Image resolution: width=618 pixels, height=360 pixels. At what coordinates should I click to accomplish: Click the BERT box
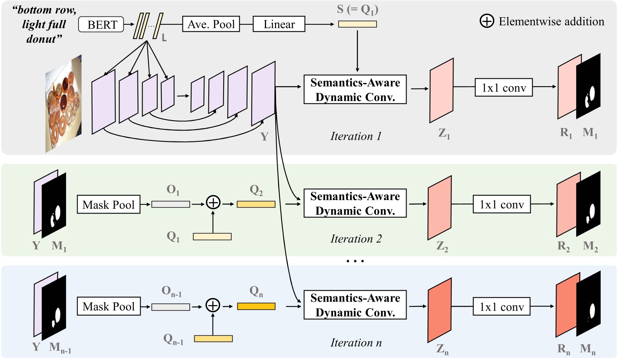(101, 24)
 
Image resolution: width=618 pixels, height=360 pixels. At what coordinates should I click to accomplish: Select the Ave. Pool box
(211, 24)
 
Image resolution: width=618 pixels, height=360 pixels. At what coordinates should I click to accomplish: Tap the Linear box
(279, 24)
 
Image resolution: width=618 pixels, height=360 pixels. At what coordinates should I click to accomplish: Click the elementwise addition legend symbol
(487, 21)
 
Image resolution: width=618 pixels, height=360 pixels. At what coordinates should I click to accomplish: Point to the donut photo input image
(64, 104)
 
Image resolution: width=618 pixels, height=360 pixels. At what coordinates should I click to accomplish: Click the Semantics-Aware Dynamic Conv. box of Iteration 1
(355, 90)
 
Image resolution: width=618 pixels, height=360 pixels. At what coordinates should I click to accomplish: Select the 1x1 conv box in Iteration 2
(502, 204)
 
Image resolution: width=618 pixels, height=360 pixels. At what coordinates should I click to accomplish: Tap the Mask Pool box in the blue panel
(108, 306)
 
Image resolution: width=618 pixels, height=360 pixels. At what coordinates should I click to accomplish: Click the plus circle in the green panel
(213, 203)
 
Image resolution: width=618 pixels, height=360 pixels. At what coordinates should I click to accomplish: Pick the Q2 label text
(256, 190)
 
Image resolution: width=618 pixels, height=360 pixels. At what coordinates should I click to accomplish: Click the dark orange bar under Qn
(256, 306)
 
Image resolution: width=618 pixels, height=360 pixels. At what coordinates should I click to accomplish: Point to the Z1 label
(444, 134)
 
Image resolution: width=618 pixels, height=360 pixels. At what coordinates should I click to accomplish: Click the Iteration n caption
(356, 343)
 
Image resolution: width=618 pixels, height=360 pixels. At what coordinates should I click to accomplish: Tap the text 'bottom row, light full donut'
(44, 24)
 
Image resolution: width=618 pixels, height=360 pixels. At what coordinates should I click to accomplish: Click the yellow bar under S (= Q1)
(357, 24)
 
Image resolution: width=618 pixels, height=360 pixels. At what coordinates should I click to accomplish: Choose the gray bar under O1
(171, 204)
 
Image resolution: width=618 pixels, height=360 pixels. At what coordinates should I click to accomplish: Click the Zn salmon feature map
(439, 310)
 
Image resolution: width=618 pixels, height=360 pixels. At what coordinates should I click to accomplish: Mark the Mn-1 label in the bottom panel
(60, 348)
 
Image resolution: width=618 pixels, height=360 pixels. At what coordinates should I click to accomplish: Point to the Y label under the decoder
(264, 137)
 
